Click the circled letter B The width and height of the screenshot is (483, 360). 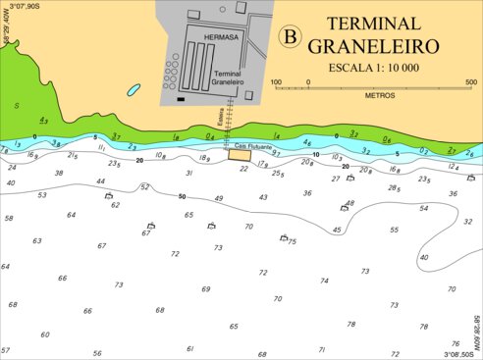point(290,36)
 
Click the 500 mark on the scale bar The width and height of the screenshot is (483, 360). point(470,82)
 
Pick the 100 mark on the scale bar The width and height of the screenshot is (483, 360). point(276,82)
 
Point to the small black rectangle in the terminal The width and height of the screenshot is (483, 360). point(181,99)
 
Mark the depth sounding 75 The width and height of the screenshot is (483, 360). point(292,241)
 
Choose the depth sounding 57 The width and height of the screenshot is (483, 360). point(5,350)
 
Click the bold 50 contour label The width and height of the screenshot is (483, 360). point(182,197)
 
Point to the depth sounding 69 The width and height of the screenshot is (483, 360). point(206,289)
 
